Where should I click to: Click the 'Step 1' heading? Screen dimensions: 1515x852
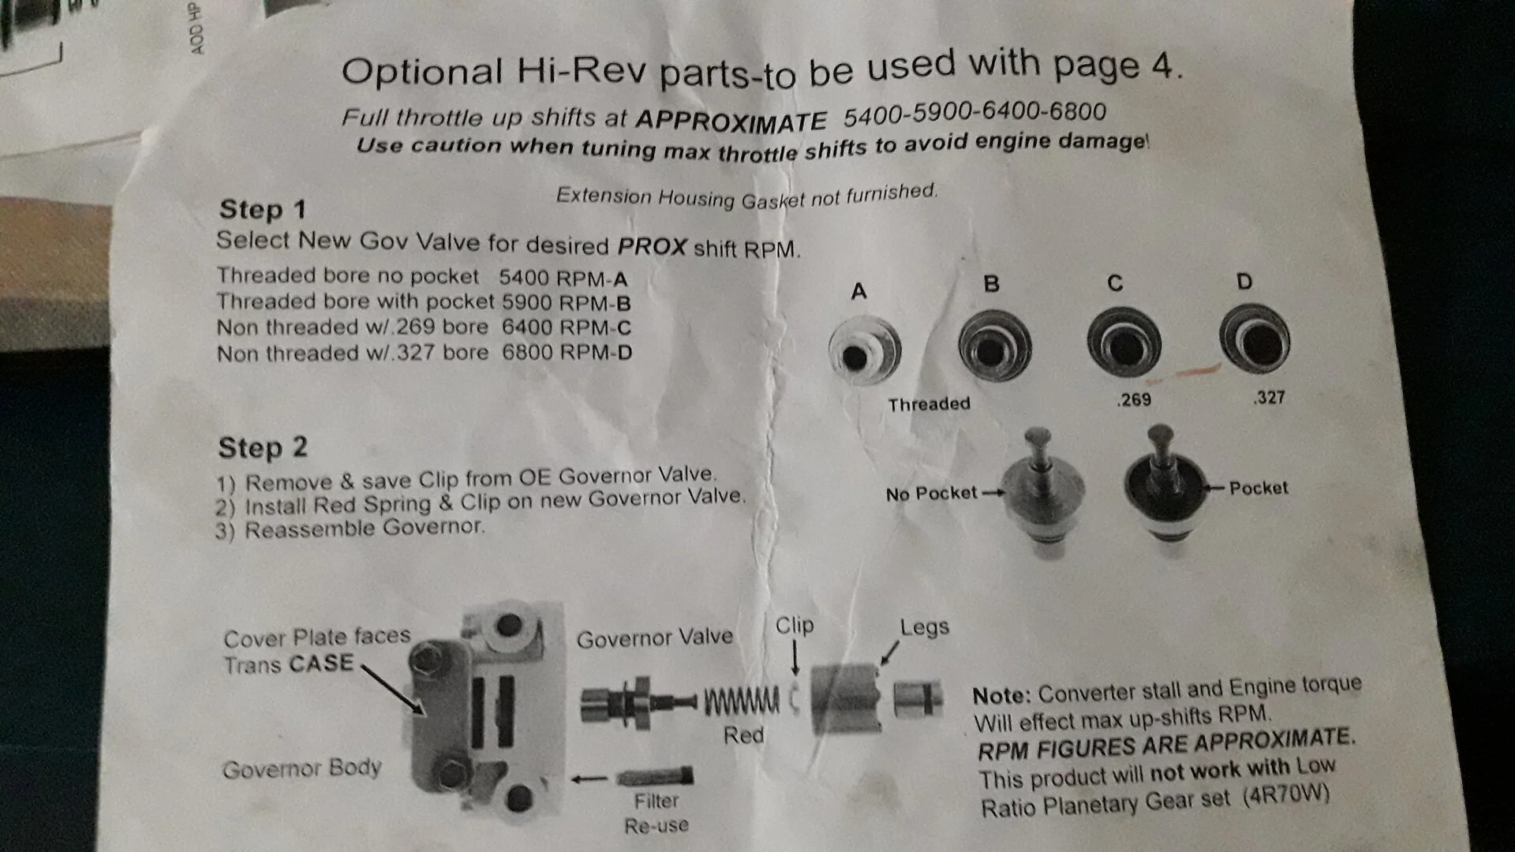click(262, 210)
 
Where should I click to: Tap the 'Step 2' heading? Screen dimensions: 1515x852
click(263, 447)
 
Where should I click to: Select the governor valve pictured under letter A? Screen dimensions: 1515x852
click(865, 350)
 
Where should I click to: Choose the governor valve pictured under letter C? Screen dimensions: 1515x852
click(1124, 342)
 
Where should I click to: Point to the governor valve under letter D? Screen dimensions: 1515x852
click(1254, 339)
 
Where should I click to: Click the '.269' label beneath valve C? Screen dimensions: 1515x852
click(1134, 400)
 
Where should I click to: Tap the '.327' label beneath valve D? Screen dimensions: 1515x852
click(1269, 398)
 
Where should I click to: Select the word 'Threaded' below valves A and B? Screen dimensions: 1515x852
click(929, 405)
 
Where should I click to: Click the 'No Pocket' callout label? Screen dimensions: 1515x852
click(931, 494)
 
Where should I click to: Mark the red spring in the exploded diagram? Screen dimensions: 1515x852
click(742, 701)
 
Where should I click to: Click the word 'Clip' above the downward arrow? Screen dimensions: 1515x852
click(794, 626)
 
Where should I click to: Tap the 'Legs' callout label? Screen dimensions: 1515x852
click(924, 628)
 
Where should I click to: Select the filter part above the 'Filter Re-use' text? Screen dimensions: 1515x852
click(654, 777)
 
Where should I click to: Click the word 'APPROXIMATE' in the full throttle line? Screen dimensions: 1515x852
click(731, 120)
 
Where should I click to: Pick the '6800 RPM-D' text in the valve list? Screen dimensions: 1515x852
click(567, 352)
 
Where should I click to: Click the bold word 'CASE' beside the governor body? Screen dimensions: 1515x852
click(321, 663)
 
